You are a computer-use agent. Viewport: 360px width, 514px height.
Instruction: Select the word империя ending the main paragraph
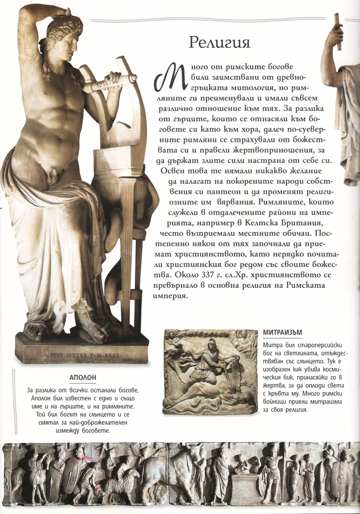pyautogui.click(x=170, y=295)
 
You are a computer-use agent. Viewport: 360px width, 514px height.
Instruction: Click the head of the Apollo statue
pyautogui.click(x=64, y=39)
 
